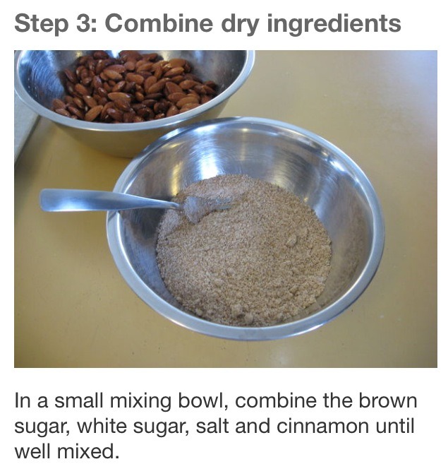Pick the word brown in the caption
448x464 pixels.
pyautogui.click(x=388, y=402)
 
